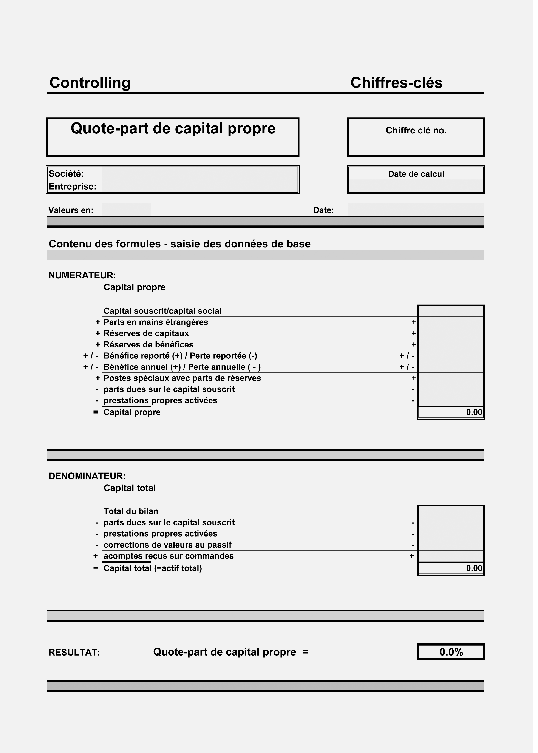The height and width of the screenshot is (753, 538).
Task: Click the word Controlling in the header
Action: click(90, 83)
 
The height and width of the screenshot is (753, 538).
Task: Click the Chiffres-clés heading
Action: click(400, 83)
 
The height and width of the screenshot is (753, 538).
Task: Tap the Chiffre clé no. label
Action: click(420, 131)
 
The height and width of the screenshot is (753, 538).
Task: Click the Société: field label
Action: click(66, 175)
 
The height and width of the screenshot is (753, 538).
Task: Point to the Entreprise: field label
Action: click(73, 188)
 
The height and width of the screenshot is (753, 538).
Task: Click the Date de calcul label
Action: click(420, 176)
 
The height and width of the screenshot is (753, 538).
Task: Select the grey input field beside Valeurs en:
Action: click(128, 211)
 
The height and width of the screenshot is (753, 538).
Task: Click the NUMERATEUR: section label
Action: click(83, 278)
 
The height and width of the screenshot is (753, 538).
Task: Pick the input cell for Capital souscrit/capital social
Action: click(455, 314)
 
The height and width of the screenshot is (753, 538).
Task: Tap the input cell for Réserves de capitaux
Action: click(455, 336)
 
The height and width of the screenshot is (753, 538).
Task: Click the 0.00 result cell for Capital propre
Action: click(455, 416)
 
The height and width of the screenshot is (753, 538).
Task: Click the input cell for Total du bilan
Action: click(455, 516)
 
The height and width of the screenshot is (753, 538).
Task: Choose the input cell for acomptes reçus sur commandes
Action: click(455, 561)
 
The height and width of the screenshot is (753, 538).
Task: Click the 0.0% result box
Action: click(455, 658)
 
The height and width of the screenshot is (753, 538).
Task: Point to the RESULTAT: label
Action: click(75, 659)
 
